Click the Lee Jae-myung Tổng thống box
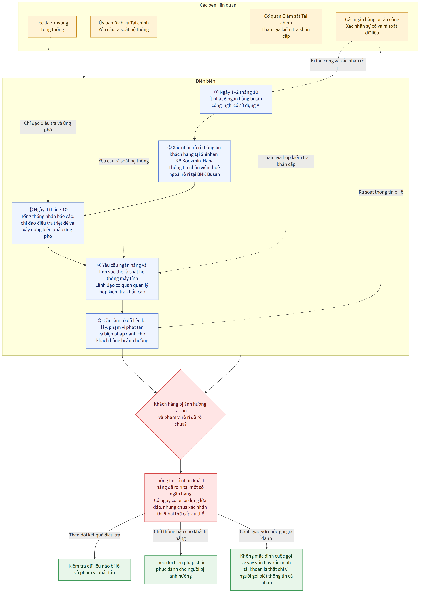click(52, 27)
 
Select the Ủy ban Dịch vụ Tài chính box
click(124, 27)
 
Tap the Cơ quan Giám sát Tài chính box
click(286, 27)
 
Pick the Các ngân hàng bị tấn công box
click(372, 27)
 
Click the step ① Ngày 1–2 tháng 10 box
click(236, 99)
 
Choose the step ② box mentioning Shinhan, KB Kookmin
click(195, 161)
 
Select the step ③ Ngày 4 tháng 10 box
click(48, 223)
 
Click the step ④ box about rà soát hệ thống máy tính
click(122, 279)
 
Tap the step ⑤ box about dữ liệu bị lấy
click(122, 331)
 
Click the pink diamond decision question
click(180, 414)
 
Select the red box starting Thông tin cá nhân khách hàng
click(180, 498)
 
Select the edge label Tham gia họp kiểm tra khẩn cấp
click(286, 161)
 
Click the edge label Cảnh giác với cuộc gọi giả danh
click(267, 535)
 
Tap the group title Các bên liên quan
click(218, 5)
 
